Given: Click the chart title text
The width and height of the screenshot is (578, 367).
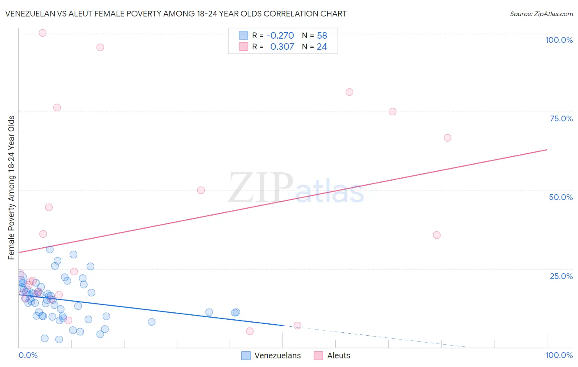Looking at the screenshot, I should pos(176,14).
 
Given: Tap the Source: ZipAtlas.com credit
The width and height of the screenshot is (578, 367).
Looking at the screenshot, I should pos(541,14).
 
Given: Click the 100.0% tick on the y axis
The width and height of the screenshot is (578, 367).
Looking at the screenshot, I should pos(559,40).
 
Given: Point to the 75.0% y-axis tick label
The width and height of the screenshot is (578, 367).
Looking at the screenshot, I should pos(561,118).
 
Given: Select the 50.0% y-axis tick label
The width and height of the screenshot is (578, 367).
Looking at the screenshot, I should pos(561,197).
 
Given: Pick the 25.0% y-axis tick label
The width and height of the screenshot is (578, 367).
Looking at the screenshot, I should pos(561,276).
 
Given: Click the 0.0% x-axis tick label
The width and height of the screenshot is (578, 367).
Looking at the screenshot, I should pos(28,355).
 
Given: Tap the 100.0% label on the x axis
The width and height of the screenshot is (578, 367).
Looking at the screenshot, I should pos(559,355).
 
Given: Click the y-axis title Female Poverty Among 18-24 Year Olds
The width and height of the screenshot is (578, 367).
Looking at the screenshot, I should pos(12,188).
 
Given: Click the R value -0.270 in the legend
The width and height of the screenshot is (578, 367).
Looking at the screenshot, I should pos(280,35).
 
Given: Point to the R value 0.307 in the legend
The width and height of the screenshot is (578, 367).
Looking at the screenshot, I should pos(282,47).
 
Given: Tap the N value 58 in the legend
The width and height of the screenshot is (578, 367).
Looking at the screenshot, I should pos(322,35).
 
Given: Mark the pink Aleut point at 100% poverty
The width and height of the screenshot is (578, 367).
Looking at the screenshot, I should pos(42,33).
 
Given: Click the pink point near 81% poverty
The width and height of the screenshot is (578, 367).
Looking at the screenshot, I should pos(349,92).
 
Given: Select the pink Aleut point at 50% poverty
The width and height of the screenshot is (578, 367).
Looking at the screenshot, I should pos(201,190).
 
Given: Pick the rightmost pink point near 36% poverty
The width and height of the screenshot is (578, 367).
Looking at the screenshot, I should pos(437,235).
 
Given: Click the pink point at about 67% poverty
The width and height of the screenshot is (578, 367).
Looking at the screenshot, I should pos(448,138).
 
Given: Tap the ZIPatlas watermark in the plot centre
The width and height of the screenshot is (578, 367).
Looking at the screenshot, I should pos(296,188).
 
